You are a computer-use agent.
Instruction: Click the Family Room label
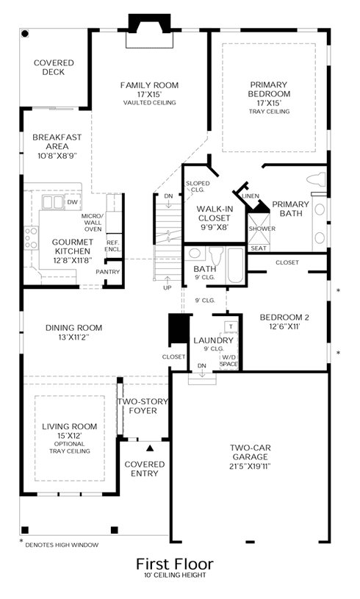click(x=149, y=85)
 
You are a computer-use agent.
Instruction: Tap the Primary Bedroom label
click(x=269, y=89)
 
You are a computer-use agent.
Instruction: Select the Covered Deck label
click(x=54, y=67)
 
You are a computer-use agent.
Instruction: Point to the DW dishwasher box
click(x=72, y=201)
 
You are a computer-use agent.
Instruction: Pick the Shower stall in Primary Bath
click(x=259, y=229)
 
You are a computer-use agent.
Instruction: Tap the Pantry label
click(x=108, y=272)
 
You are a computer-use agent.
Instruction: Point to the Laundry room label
click(x=213, y=340)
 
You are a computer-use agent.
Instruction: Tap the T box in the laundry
click(x=231, y=326)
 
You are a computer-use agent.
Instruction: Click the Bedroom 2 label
click(x=284, y=317)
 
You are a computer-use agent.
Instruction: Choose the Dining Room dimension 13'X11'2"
click(x=73, y=337)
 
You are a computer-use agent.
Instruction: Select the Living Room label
click(x=70, y=426)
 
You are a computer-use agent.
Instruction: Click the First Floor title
click(x=175, y=564)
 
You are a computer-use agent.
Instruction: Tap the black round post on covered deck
click(x=25, y=34)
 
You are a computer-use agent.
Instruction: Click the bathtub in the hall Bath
click(x=235, y=265)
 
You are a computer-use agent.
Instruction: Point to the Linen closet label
click(x=251, y=196)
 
